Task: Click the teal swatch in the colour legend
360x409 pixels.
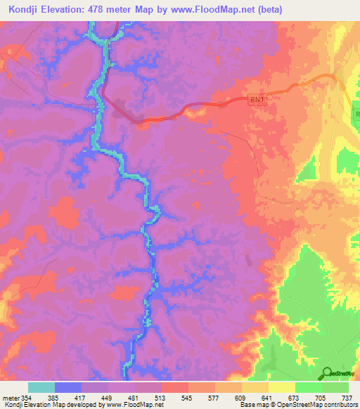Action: pos(41,387)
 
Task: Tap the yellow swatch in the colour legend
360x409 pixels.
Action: pos(281,387)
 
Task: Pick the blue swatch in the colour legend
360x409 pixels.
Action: pos(68,387)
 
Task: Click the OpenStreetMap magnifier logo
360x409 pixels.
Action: pos(326,372)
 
